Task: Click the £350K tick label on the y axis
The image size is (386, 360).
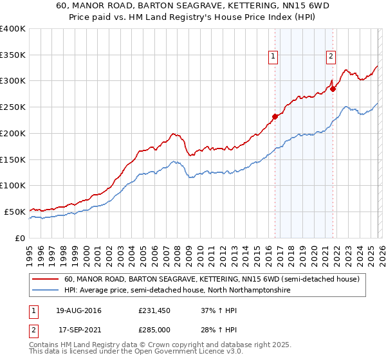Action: tap(13, 55)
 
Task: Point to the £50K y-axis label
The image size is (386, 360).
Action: tap(15, 212)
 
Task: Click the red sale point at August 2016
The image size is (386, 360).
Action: tap(275, 116)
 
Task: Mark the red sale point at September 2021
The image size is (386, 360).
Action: tap(333, 89)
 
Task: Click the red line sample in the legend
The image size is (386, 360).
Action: tap(46, 280)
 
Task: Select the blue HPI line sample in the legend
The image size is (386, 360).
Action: tap(46, 291)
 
